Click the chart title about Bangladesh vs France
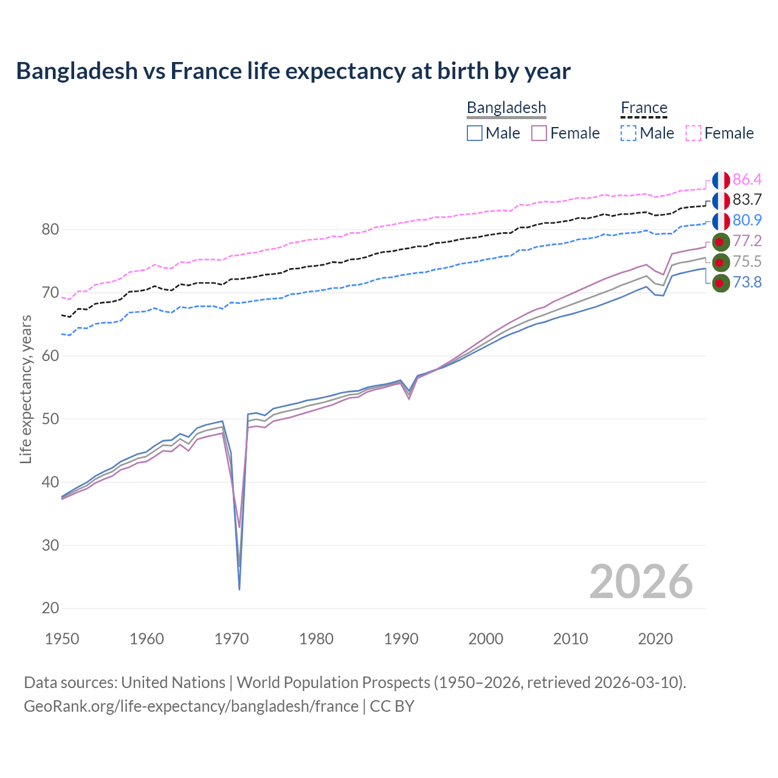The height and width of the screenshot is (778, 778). point(293,71)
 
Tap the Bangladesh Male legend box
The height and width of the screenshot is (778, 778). point(475,133)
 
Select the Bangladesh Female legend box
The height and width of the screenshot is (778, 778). point(539,133)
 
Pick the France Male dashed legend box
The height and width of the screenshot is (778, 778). point(628,133)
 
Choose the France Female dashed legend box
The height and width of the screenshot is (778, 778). point(694,133)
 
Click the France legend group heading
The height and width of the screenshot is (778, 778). point(644,108)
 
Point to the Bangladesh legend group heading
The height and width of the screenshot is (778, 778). point(506,108)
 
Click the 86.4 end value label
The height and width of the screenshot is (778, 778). point(747,179)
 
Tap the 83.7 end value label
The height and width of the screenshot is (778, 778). point(747,200)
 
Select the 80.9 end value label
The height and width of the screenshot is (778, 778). point(747,221)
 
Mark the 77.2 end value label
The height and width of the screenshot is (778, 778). point(747,241)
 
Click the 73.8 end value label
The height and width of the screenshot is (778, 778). point(747,283)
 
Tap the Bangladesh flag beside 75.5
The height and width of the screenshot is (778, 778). point(721,262)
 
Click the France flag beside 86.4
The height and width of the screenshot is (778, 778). point(721,180)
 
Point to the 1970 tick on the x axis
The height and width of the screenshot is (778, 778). point(232,639)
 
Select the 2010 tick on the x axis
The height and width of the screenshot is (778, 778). point(570,639)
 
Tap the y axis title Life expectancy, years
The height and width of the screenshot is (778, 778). point(26,389)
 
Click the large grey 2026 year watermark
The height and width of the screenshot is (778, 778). point(641,582)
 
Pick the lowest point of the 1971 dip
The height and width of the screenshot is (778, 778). point(239,589)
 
